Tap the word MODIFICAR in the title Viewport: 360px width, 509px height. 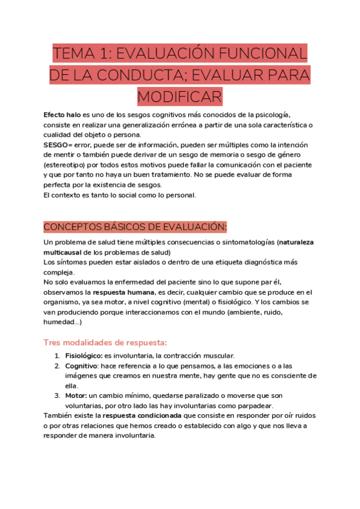179,96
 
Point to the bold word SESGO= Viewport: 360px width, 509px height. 58,145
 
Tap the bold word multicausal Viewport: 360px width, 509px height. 63,252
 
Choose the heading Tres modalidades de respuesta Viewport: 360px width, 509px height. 101,342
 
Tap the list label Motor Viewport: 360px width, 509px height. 76,396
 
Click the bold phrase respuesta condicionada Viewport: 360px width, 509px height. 142,416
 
